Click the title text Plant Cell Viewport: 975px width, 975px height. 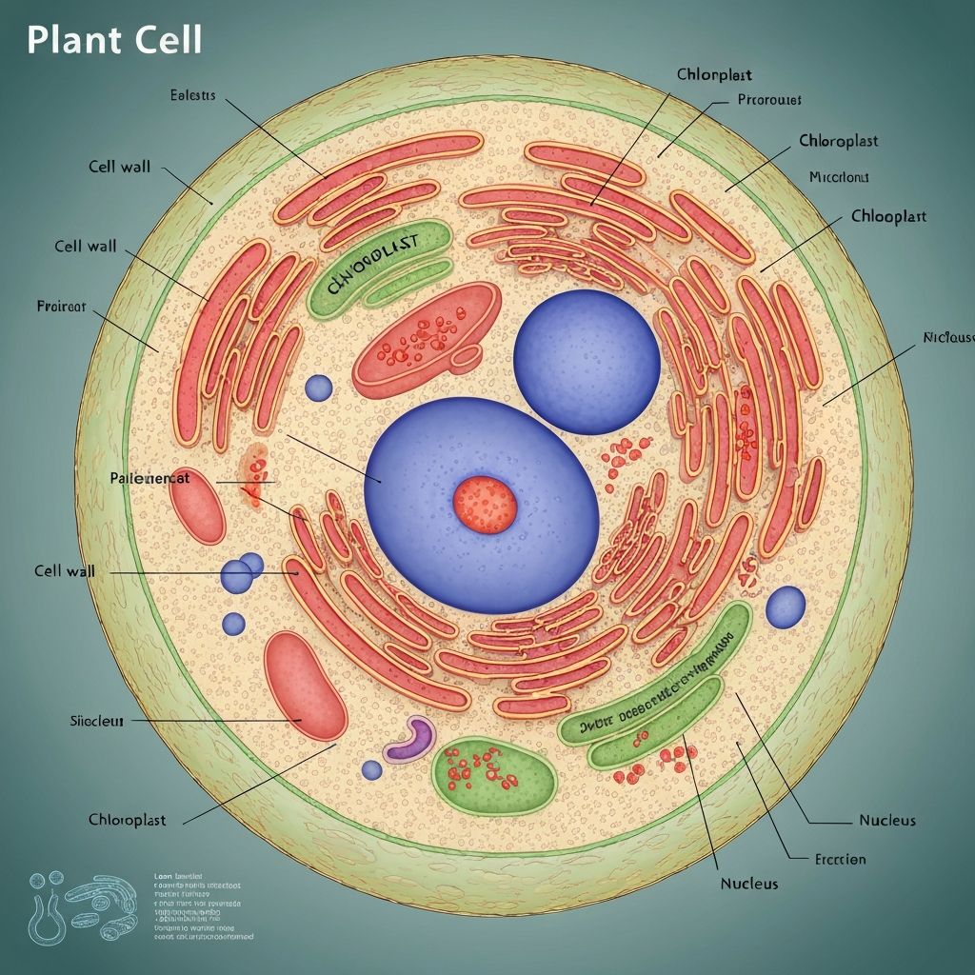click(114, 41)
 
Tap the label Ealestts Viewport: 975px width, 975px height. click(192, 95)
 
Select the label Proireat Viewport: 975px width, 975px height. click(61, 307)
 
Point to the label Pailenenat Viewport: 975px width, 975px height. click(150, 478)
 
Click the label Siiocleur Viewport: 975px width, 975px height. click(97, 721)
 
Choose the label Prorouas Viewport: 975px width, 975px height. click(769, 99)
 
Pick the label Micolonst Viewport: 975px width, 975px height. click(839, 177)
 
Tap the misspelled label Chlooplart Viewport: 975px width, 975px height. click(887, 217)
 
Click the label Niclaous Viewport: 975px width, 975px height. click(948, 338)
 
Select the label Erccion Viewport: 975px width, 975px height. click(841, 859)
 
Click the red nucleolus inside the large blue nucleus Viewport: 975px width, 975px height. click(485, 504)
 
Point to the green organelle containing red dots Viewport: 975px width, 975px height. click(493, 773)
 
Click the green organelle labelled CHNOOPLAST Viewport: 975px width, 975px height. click(379, 267)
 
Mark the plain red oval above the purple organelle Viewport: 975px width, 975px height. click(304, 685)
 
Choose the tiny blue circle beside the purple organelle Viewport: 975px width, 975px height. click(371, 769)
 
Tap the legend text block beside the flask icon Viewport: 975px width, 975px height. click(202, 905)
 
